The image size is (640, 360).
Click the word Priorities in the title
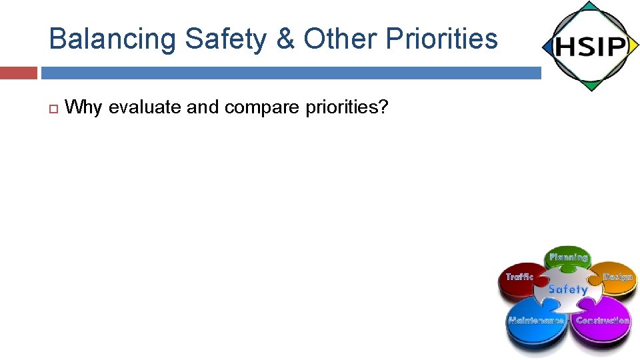pos(442,39)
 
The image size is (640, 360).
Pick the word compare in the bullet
pos(263,107)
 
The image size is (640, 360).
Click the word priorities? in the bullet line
pos(347,107)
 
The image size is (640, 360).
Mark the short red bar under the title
pos(18,73)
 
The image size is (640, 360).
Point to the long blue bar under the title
pos(291,73)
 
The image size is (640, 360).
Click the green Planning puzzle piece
pos(568,258)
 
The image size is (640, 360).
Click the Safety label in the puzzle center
pos(567,289)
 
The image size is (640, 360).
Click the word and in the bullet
pos(203,107)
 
